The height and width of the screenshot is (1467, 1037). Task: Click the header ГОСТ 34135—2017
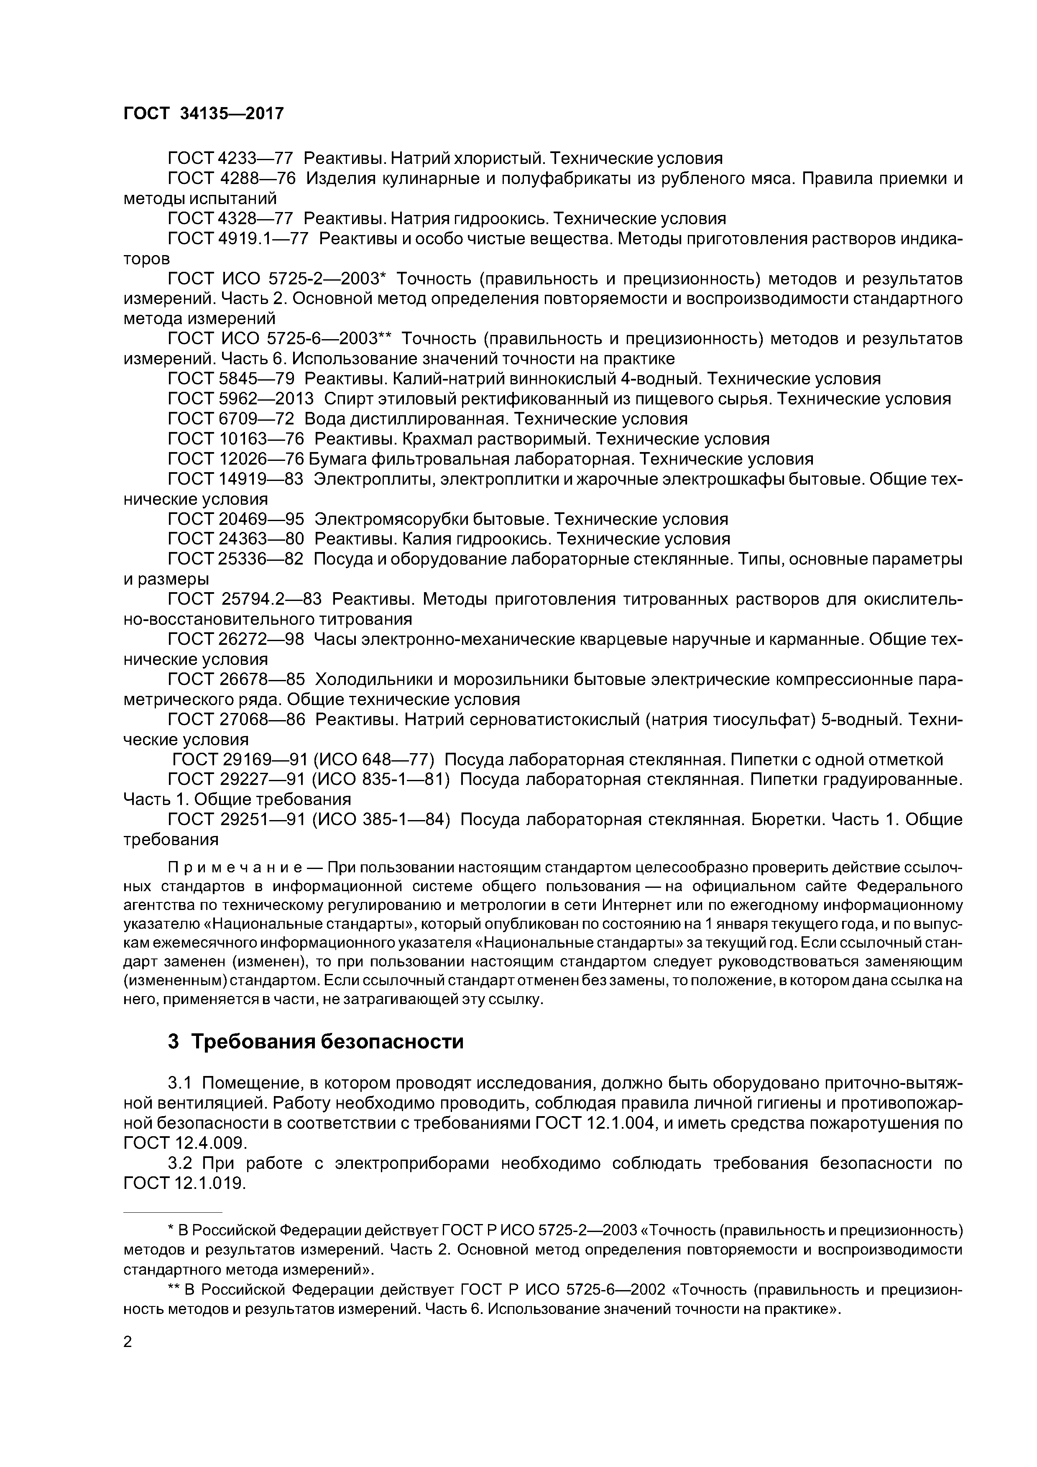(x=203, y=114)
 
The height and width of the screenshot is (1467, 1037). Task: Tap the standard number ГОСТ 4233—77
(x=230, y=158)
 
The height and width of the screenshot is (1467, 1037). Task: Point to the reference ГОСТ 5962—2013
(x=241, y=399)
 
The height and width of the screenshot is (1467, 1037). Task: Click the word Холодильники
(x=378, y=679)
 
